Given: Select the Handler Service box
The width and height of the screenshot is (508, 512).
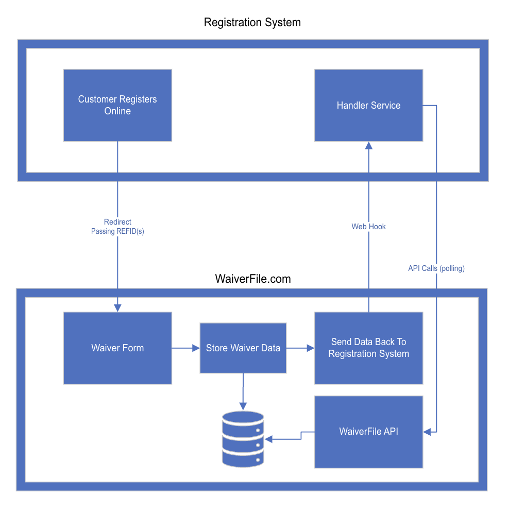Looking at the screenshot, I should (368, 105).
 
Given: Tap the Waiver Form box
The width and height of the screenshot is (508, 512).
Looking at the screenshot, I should (117, 348).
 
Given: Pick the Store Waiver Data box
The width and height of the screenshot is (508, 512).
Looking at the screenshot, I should (243, 348).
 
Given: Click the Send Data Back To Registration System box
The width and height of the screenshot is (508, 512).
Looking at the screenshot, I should (368, 348).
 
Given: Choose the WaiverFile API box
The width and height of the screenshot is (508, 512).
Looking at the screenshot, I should (368, 432).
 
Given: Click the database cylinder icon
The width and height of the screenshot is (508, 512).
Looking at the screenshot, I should (243, 439).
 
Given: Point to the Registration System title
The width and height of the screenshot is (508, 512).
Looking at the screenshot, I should (252, 23).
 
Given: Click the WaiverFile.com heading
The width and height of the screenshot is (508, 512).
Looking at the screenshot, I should (252, 279).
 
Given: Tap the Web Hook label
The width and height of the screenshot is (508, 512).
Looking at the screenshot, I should (368, 227).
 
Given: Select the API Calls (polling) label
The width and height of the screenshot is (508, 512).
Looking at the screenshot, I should (436, 268).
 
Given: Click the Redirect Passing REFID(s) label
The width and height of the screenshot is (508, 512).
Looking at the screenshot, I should (117, 227).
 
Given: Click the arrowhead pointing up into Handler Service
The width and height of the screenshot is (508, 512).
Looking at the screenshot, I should (368, 146).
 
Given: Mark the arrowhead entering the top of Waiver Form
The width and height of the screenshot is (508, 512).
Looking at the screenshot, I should (117, 308).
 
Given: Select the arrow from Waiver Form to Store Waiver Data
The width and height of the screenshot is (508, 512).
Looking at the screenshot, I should (185, 348).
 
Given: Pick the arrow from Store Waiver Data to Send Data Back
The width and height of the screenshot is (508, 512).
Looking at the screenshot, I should (300, 348).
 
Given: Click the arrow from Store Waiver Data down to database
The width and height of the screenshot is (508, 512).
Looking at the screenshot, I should (243, 391).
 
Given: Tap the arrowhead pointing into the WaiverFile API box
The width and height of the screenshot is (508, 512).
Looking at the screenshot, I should (427, 432).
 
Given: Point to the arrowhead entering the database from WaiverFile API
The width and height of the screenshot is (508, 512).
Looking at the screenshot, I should (268, 439).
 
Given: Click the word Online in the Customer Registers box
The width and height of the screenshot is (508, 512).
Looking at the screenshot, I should (117, 111).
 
